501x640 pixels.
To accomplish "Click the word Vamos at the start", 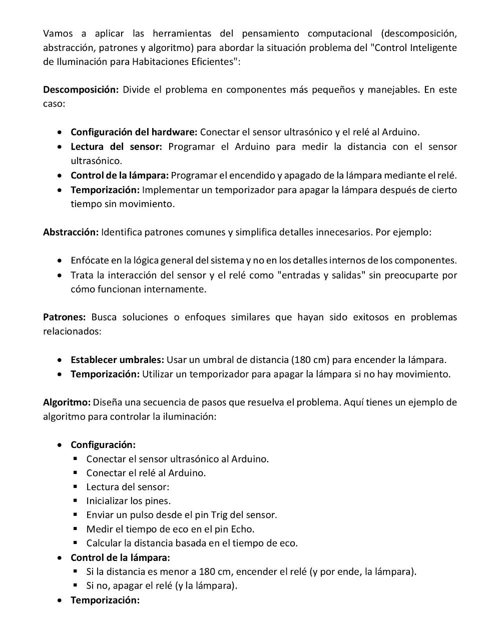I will pos(58,33).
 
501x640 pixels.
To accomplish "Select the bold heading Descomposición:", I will pos(81,89).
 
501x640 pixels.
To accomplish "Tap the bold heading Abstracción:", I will pos(71,232).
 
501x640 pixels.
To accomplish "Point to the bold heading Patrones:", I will pos(65,317).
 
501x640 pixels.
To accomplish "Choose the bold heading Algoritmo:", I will pos(67,402).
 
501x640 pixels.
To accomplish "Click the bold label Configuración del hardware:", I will pos(134,132).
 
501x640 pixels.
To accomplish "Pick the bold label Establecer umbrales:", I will pos(117,359).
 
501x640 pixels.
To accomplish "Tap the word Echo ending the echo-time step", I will pos(243,528).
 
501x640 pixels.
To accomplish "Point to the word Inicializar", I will pos(107,500).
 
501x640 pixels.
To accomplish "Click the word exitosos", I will pos(371,317).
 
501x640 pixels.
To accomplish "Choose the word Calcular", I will pos(103,542).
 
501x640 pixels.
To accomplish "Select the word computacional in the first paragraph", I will pos(340,33).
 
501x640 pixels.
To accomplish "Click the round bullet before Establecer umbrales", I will pos(60,359).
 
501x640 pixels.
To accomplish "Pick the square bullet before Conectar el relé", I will pos(76,472).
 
